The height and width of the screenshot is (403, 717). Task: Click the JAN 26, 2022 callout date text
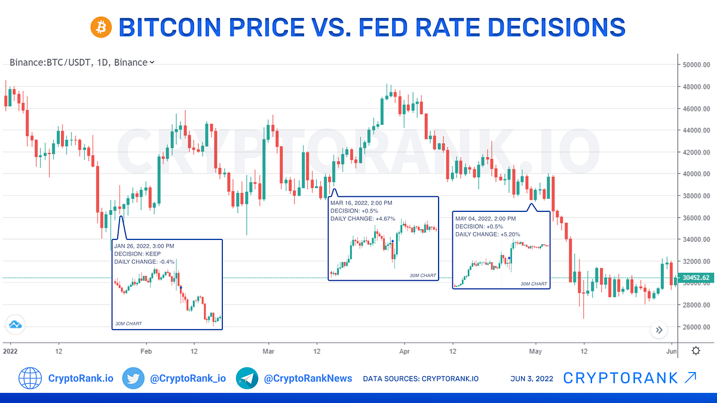[143, 246]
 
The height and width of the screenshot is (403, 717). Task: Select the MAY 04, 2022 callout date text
[486, 219]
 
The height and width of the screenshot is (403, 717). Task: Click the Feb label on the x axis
[146, 351]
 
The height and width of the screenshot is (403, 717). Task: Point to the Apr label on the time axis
[404, 351]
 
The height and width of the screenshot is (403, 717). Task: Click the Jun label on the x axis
[671, 351]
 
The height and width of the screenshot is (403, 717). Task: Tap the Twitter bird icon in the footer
[133, 378]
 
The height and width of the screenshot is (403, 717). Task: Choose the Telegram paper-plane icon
[247, 378]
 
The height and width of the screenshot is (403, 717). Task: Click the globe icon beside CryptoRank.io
[30, 378]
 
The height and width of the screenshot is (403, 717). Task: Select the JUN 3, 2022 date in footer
[532, 379]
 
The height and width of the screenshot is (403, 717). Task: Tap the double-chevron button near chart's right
[659, 330]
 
